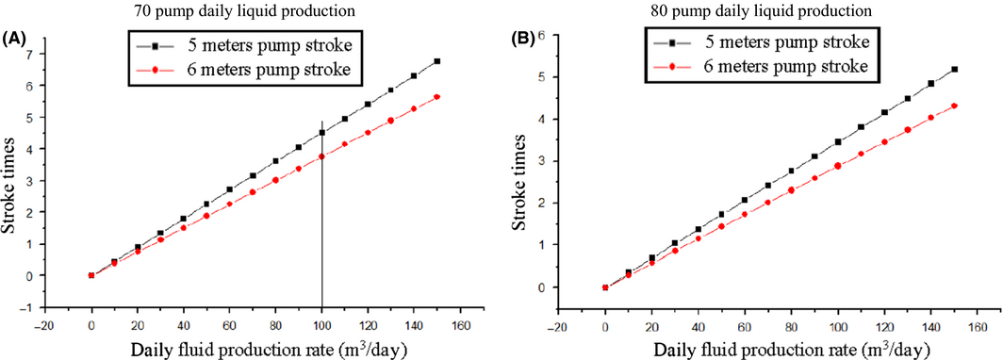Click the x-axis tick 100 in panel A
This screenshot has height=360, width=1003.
click(x=322, y=320)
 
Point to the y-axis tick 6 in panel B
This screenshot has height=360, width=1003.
click(x=541, y=34)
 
